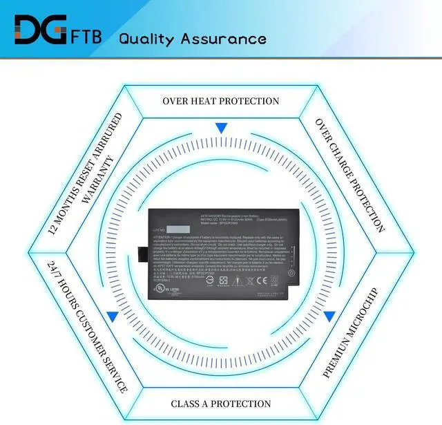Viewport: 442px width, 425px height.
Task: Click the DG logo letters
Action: pyautogui.click(x=39, y=31)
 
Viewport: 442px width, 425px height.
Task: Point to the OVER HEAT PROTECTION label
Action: pyautogui.click(x=221, y=101)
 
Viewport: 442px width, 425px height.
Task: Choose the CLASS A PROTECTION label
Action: pyautogui.click(x=220, y=404)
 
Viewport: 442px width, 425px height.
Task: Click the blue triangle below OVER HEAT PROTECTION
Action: pyautogui.click(x=221, y=128)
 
